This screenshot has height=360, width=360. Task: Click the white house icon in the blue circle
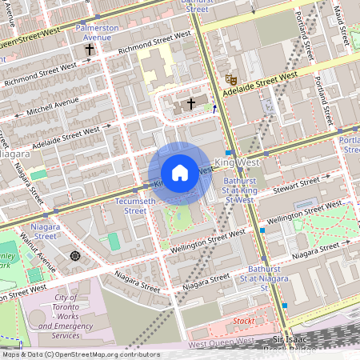[x=180, y=173]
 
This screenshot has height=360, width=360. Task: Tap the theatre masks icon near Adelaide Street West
[x=230, y=79]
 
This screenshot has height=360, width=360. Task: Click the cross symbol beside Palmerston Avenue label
[x=90, y=50]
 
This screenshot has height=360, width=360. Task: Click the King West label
[x=238, y=162]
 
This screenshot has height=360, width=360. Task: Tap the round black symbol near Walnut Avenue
[x=76, y=256]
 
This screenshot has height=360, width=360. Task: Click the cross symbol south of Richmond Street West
[x=190, y=103]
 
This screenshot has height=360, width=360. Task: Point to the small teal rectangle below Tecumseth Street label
[x=114, y=241]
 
